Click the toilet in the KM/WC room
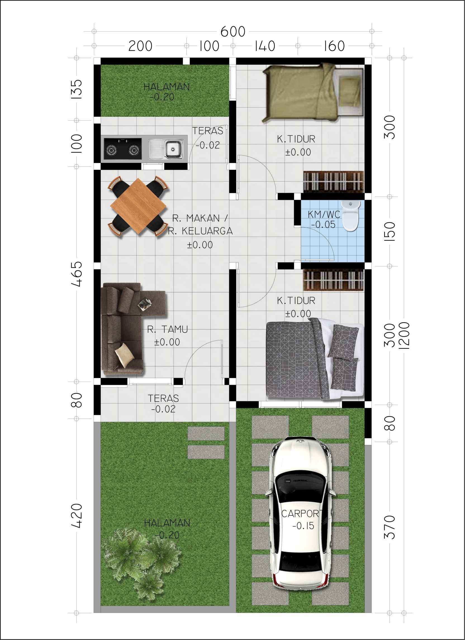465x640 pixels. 351,215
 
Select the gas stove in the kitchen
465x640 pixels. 122,149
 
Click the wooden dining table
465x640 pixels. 139,206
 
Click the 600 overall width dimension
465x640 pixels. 233,32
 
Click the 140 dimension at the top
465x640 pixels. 265,46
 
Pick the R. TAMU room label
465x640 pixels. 167,329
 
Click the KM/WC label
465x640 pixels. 324,214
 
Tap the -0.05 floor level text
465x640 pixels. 323,225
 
